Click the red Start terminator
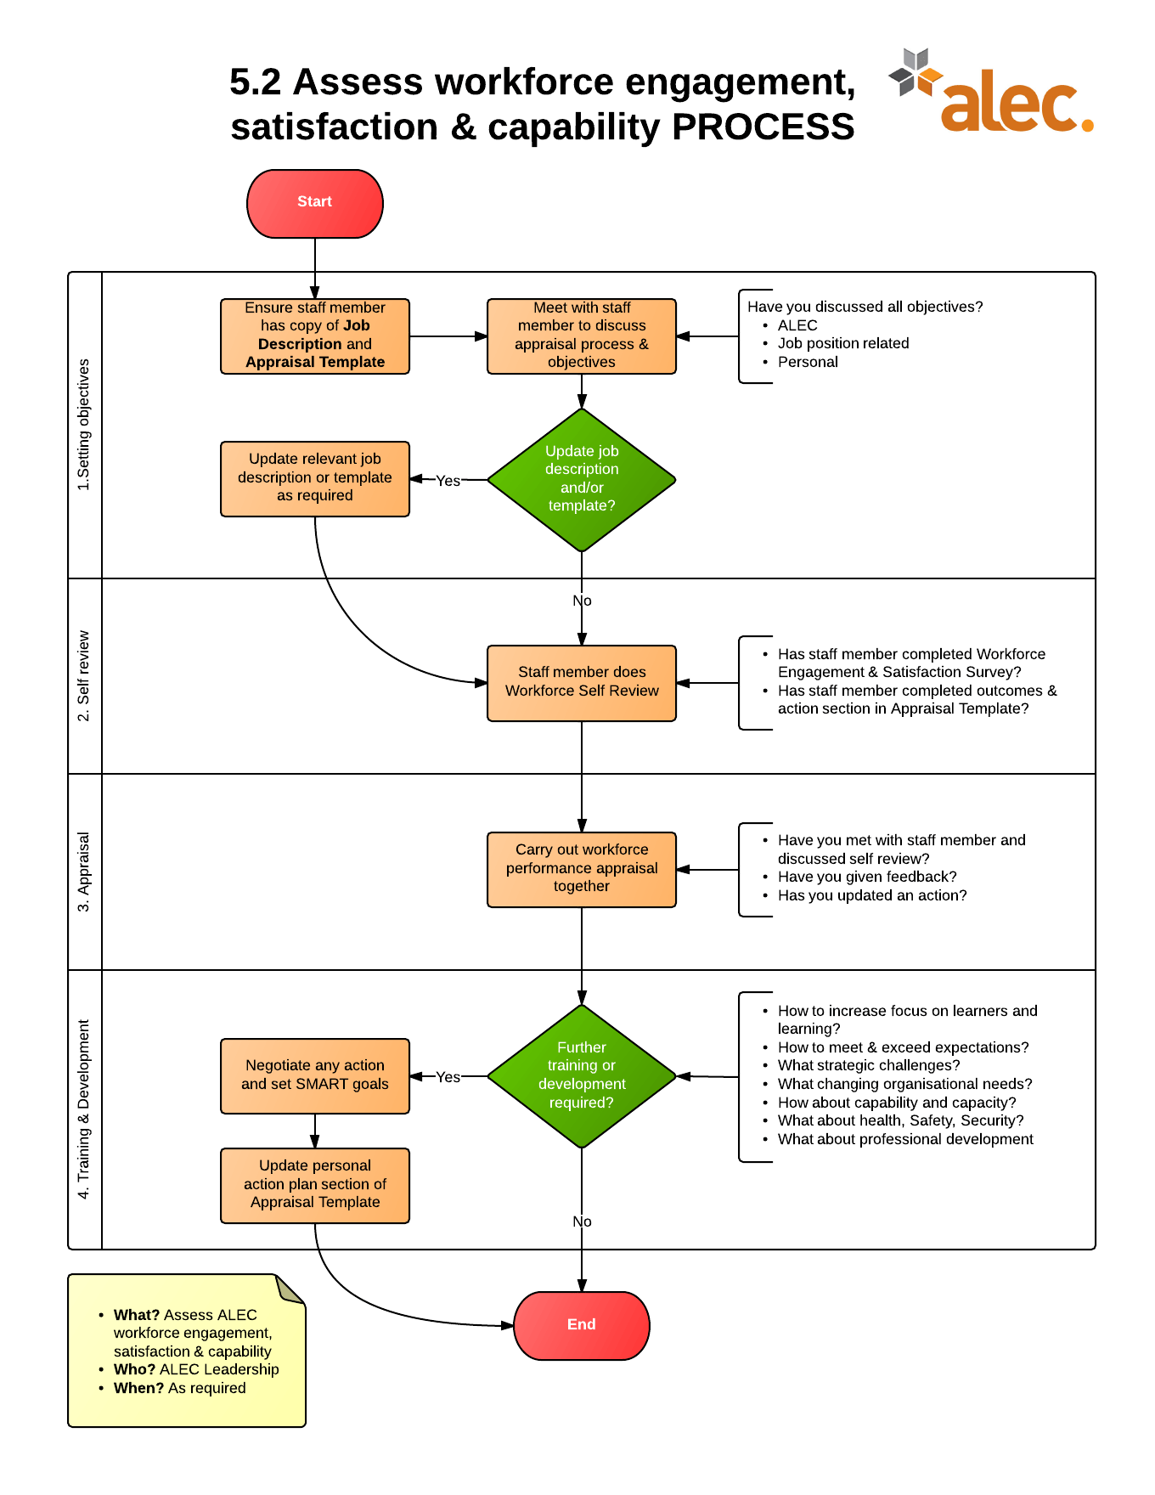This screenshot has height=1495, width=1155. [x=314, y=203]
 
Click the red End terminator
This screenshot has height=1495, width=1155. [x=581, y=1324]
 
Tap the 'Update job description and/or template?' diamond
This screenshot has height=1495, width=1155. [x=582, y=479]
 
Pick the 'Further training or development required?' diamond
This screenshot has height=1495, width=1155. [x=582, y=1075]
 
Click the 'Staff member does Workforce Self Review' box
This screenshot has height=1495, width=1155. [x=582, y=682]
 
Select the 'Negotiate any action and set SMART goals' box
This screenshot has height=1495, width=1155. [x=314, y=1075]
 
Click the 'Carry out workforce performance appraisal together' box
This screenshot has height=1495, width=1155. [x=582, y=868]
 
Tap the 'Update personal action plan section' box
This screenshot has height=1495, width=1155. [x=314, y=1184]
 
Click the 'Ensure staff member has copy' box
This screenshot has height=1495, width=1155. [x=314, y=336]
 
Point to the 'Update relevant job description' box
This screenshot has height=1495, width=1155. [x=314, y=477]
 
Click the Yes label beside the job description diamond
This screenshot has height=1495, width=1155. [x=448, y=481]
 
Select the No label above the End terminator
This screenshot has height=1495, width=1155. [x=582, y=1221]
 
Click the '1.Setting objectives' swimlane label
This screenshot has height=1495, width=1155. [x=83, y=425]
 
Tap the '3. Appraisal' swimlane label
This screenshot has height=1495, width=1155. [x=83, y=872]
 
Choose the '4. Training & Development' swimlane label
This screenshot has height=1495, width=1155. [x=83, y=1109]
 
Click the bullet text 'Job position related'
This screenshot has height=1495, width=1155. [x=842, y=343]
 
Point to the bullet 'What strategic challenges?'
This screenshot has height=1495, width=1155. [x=868, y=1065]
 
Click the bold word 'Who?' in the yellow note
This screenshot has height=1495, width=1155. [x=134, y=1369]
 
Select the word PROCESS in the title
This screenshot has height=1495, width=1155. [x=763, y=127]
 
